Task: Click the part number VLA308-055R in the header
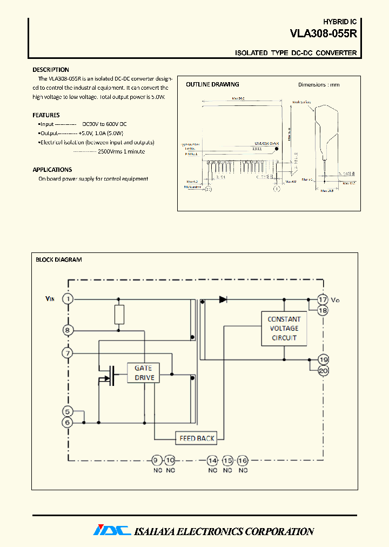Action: (x=323, y=34)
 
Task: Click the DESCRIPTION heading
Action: (x=51, y=70)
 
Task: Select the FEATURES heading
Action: (x=46, y=115)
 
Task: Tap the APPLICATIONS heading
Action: (x=52, y=170)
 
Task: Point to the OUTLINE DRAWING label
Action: (x=212, y=84)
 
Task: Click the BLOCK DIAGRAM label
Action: (x=58, y=259)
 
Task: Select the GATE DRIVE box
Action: (x=144, y=373)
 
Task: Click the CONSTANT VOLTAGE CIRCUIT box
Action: (x=284, y=329)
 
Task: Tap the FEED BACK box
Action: (x=197, y=438)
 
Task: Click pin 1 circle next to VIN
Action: (x=68, y=299)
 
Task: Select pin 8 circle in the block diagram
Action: (x=68, y=330)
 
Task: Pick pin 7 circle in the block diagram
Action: (x=68, y=353)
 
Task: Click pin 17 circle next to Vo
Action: (x=323, y=299)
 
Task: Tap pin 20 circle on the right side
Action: (x=323, y=371)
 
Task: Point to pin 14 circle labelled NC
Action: (x=213, y=461)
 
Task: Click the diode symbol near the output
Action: (x=223, y=299)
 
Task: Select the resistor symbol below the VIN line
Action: (x=119, y=315)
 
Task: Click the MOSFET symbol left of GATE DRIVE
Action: (x=111, y=376)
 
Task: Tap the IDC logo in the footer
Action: (x=112, y=531)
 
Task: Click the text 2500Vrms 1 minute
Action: (x=121, y=152)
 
